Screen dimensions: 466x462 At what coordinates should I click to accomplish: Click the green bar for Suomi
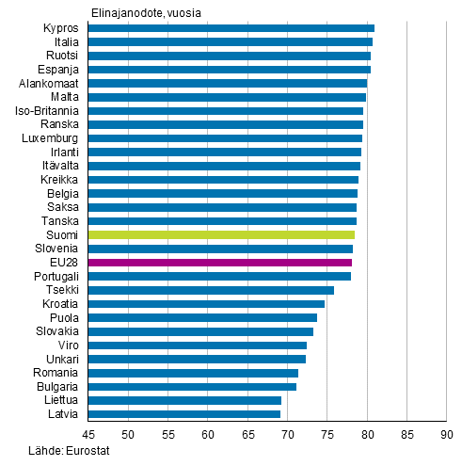(221, 234)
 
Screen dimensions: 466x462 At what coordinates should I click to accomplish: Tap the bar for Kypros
(231, 28)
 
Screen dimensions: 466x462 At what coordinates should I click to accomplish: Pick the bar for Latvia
(183, 414)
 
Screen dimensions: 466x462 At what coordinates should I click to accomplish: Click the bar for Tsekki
(211, 290)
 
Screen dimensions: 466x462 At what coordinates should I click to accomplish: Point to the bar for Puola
(202, 317)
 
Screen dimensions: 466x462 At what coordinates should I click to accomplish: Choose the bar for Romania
(193, 373)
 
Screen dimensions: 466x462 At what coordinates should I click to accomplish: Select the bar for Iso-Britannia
(225, 111)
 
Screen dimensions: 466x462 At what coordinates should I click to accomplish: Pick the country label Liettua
(60, 400)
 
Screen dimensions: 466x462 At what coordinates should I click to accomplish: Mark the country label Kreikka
(59, 180)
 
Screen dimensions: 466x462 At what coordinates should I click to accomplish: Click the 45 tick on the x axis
(88, 435)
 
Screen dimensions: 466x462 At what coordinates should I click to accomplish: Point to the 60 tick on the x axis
(207, 435)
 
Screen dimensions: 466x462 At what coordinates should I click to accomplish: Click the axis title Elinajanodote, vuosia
(146, 12)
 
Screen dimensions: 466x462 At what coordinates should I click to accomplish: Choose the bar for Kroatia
(206, 304)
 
